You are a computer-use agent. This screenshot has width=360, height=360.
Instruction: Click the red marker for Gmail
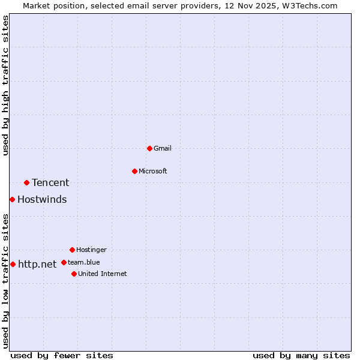(149, 148)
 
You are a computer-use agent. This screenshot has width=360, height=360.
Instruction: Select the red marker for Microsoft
(134, 171)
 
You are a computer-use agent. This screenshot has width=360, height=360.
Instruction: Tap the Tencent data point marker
(26, 182)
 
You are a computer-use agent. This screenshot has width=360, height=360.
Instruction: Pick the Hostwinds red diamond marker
(12, 199)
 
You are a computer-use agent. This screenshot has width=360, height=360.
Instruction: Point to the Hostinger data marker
(72, 250)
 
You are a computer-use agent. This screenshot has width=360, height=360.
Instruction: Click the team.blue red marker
(64, 262)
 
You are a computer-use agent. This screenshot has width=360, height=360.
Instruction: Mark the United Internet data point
(74, 274)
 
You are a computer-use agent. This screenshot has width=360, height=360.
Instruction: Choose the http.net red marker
(13, 264)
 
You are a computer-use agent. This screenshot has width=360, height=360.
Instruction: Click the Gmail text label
(163, 148)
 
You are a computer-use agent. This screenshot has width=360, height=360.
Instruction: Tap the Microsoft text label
(153, 171)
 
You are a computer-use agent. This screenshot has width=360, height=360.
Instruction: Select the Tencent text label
(50, 182)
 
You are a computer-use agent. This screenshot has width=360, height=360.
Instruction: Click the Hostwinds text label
(42, 199)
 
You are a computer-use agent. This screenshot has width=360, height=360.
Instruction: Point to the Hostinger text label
(91, 250)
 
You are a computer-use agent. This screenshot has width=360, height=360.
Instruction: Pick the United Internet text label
(103, 274)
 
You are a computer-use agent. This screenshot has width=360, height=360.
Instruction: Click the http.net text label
(37, 264)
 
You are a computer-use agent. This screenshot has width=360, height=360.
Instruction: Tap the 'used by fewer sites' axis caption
(62, 355)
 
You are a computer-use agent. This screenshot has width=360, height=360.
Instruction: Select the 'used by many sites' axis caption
(301, 355)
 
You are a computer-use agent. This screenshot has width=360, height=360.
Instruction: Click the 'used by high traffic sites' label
(6, 86)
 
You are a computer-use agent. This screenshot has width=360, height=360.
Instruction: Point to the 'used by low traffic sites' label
(6, 280)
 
